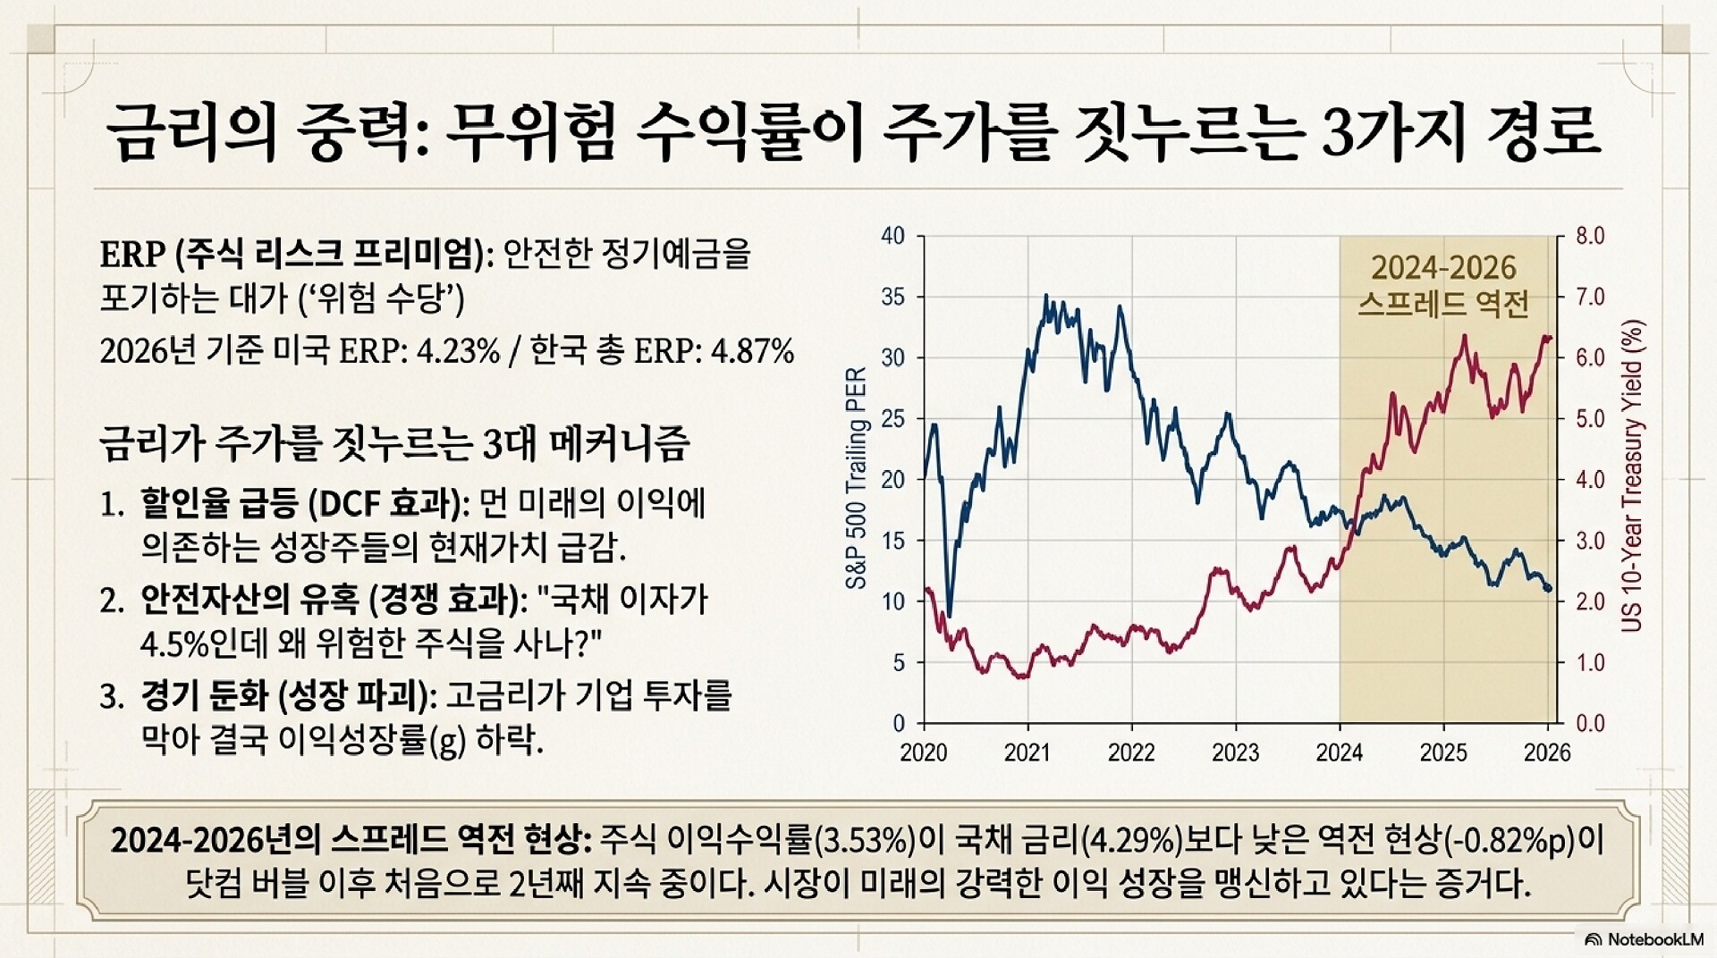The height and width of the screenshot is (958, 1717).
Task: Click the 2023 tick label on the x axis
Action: click(x=1235, y=752)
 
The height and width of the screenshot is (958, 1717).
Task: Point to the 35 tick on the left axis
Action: click(x=892, y=297)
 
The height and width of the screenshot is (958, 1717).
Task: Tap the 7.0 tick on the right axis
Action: click(x=1589, y=297)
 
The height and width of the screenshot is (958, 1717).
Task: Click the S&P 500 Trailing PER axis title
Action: click(x=856, y=477)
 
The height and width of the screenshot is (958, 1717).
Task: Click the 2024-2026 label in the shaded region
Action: click(x=1443, y=268)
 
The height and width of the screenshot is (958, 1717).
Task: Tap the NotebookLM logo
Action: click(x=1645, y=939)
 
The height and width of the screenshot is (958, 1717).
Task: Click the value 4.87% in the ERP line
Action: click(x=751, y=352)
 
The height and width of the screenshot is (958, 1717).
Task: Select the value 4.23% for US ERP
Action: click(x=459, y=352)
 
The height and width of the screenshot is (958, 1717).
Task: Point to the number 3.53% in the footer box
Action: click(x=864, y=841)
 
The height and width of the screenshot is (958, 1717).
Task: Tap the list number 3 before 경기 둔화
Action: click(x=109, y=697)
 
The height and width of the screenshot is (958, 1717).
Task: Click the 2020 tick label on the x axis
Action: click(x=923, y=752)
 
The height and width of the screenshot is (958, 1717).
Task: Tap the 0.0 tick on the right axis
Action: click(x=1589, y=723)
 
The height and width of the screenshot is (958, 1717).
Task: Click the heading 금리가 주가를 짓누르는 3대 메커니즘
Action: click(x=394, y=444)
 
